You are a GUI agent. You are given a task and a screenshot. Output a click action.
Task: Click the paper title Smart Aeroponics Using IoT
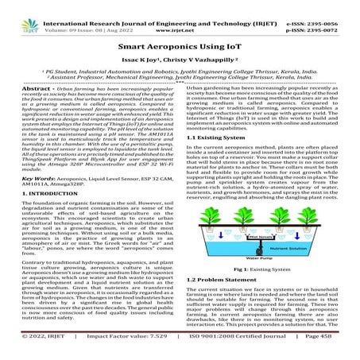180,47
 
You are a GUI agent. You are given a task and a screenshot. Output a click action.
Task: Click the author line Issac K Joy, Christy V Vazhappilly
180,60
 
